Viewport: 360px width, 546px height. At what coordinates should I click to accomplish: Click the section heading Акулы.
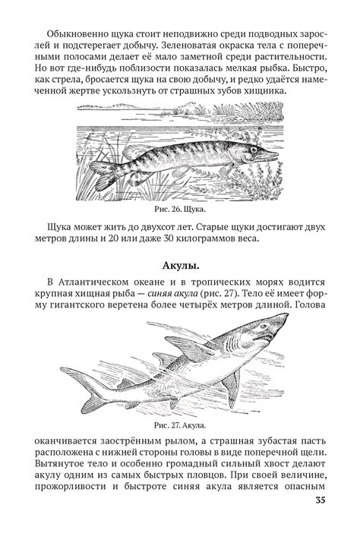tap(180, 267)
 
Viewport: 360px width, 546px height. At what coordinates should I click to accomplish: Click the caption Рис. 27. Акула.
tap(179, 426)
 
